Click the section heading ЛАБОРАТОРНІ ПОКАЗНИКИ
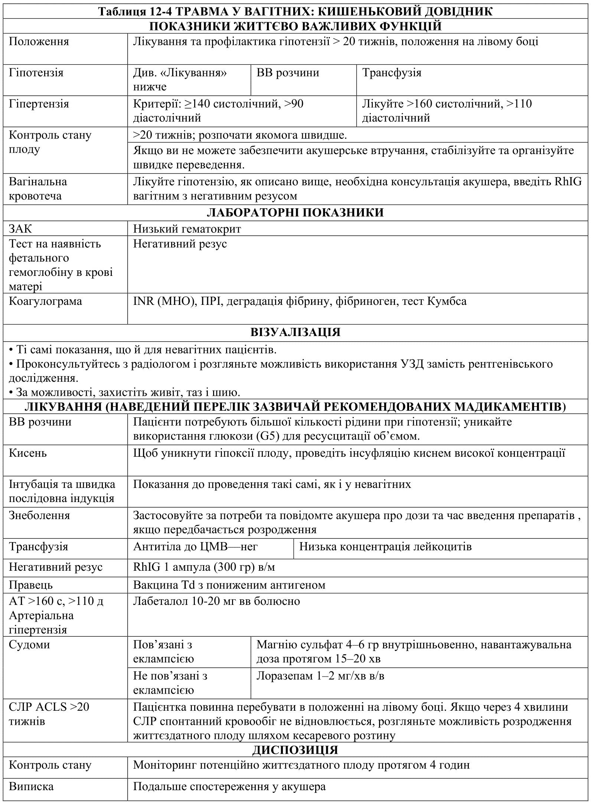coord(295,212)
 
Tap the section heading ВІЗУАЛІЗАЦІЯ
coord(295,332)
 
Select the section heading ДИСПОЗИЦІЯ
coord(295,750)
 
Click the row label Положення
coord(39,41)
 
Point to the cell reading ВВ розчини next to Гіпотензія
coord(288,72)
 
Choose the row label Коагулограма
coord(45,301)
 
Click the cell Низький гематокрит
coord(187,229)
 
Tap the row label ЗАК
coord(20,229)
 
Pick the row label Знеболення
coord(39,515)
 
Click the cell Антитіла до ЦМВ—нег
coord(195,547)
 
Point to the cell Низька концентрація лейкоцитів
coord(385,547)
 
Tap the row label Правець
coord(31,585)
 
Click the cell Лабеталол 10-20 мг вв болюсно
coord(216,601)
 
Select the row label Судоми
coord(29,645)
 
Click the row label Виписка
coord(31,786)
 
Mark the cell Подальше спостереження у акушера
coord(229,786)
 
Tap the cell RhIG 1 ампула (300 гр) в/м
coord(204,567)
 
